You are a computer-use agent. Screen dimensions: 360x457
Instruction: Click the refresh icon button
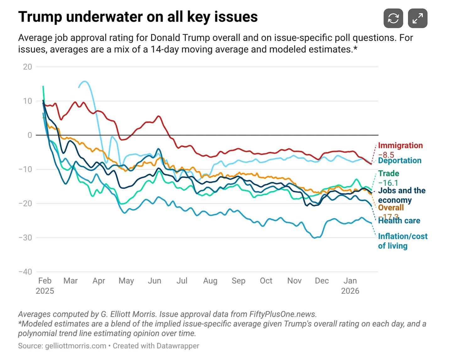coord(393,18)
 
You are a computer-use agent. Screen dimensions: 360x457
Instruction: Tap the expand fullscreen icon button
coord(417,18)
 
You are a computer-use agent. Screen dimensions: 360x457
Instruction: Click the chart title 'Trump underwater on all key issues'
coord(138,17)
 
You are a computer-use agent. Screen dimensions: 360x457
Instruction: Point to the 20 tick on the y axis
coord(28,67)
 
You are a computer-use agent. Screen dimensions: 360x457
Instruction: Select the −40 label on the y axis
coord(25,272)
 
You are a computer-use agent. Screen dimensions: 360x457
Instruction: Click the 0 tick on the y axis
coord(30,135)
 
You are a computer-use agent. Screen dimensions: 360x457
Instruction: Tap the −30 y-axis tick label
coord(25,237)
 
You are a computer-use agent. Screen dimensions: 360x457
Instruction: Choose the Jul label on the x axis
coord(182,281)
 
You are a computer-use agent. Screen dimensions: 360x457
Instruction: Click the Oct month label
coord(266,281)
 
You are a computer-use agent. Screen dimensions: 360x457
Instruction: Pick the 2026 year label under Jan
coord(350,291)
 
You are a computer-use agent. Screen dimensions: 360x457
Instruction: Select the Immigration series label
coord(400,145)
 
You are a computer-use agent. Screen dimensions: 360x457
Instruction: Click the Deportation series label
coord(400,161)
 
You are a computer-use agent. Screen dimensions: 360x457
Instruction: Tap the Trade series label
coord(389,173)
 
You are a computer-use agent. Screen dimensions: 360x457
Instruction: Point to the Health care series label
coord(399,221)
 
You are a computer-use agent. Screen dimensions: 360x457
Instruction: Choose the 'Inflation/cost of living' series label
coord(402,241)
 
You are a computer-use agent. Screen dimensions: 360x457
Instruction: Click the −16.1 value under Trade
coord(388,183)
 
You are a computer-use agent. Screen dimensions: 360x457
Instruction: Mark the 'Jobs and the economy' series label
coord(401,195)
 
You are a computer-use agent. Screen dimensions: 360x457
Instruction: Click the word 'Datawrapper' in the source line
coord(178,346)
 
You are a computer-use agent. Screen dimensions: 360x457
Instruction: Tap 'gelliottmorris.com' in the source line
coord(76,346)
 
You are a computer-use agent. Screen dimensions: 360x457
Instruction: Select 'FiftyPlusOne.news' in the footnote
coord(282,314)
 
